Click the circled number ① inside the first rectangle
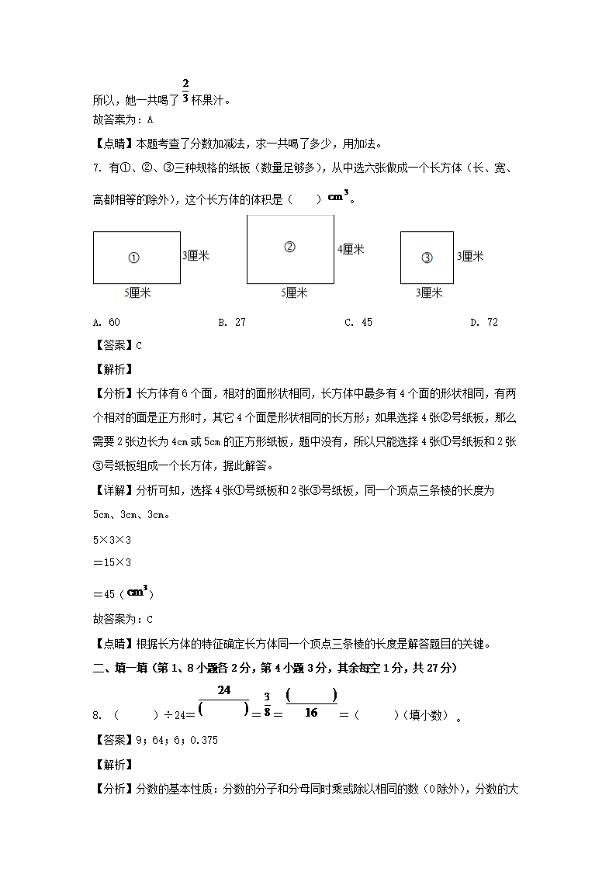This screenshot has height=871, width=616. (133, 257)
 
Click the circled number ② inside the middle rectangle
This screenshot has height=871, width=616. (289, 247)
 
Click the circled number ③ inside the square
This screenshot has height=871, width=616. (427, 257)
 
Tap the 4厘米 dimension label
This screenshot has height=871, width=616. (351, 249)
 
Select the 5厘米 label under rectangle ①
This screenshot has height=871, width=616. (137, 292)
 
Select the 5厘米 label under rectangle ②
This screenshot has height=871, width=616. (294, 292)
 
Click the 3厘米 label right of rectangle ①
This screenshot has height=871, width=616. (196, 255)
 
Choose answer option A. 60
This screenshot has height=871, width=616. (106, 323)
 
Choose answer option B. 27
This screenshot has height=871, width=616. (232, 323)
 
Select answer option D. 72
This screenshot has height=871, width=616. (484, 323)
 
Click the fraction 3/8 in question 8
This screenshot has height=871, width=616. (266, 706)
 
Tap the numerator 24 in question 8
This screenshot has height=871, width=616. (224, 690)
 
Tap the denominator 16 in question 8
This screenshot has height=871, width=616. (311, 713)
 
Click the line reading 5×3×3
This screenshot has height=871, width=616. (112, 540)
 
